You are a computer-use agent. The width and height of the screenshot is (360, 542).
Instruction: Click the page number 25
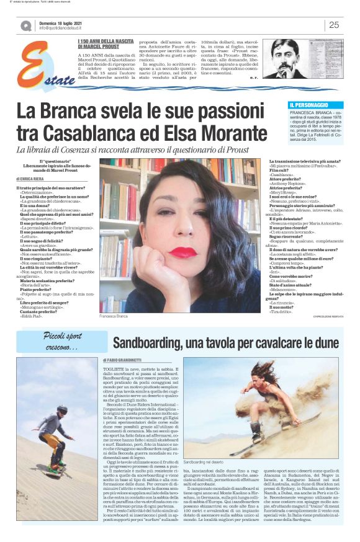pyautogui.click(x=333, y=25)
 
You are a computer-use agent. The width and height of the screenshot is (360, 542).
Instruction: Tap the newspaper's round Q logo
pyautogui.click(x=26, y=26)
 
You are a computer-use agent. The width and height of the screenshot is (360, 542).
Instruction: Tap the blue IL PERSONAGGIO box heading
pyautogui.click(x=308, y=105)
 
